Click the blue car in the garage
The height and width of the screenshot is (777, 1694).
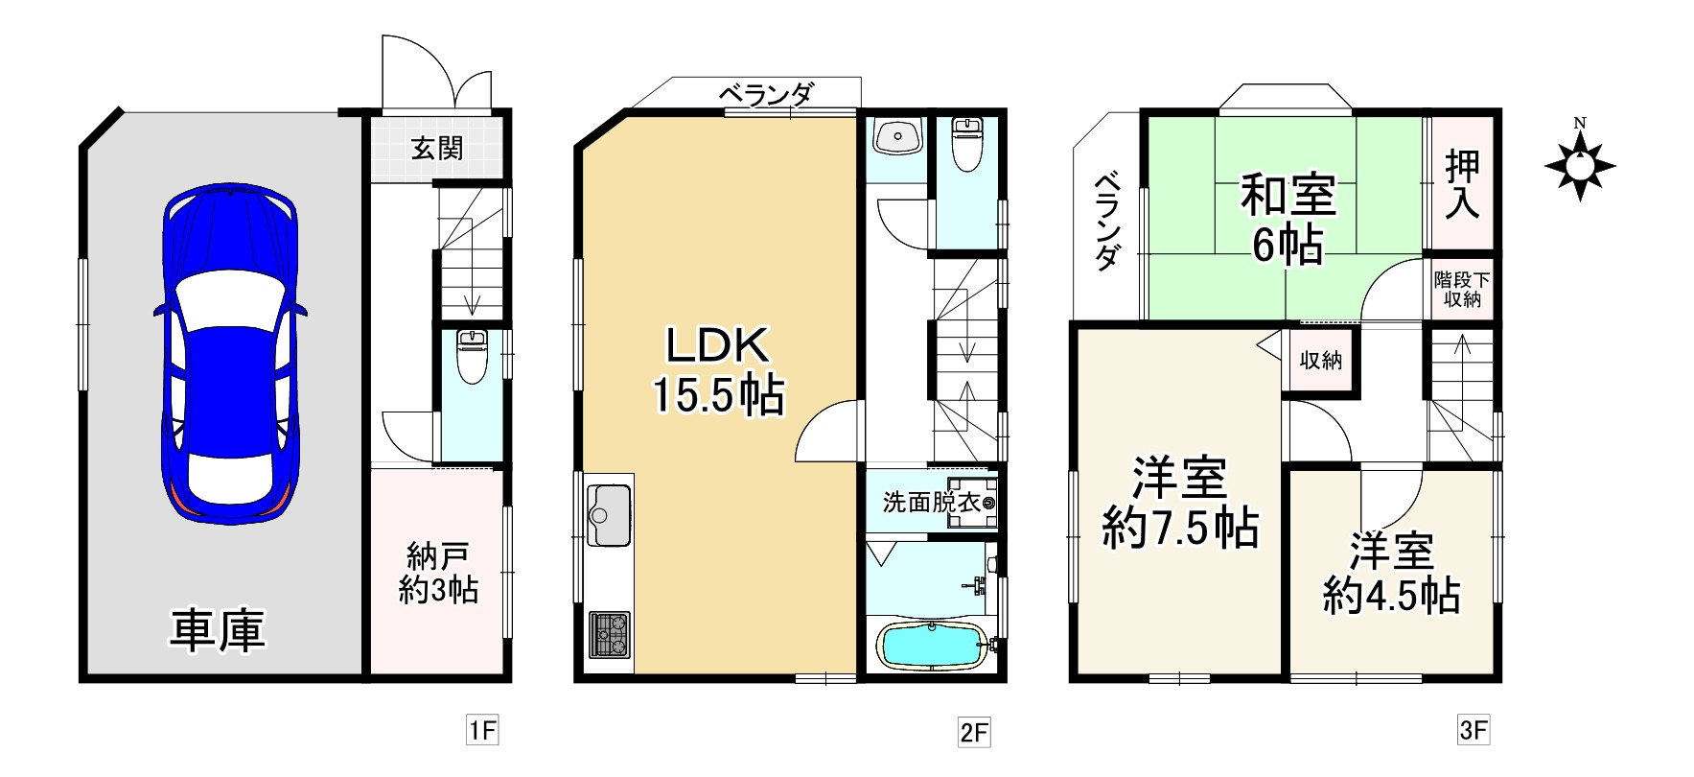[x=229, y=354]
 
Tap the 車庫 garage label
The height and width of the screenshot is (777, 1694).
[x=218, y=630]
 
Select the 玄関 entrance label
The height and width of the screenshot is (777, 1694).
[x=437, y=149]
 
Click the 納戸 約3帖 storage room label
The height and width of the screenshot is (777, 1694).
[x=438, y=573]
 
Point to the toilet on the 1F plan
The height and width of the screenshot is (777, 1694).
[x=472, y=355]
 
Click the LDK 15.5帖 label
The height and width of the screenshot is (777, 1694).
[x=719, y=370]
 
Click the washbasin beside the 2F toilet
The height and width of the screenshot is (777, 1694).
[x=897, y=136]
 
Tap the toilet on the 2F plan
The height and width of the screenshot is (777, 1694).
[x=967, y=145]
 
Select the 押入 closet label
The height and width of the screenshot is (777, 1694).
[x=1462, y=184]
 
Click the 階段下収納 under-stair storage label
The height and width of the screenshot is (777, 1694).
[x=1462, y=289]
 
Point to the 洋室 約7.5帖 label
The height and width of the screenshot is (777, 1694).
[x=1179, y=503]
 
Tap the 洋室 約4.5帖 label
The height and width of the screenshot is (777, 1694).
[x=1392, y=574]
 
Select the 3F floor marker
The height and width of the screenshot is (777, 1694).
[x=1474, y=731]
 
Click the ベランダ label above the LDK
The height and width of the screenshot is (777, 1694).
[x=766, y=94]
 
